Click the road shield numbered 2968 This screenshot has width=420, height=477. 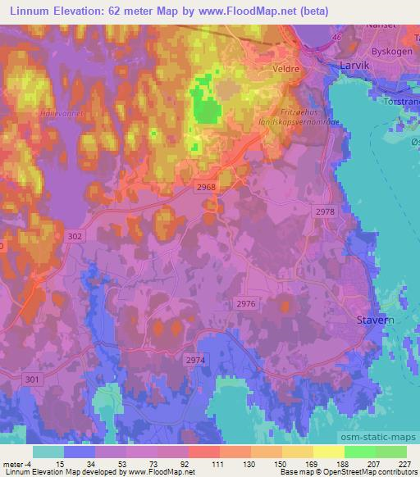(x=207, y=187)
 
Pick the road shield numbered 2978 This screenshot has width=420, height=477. (x=325, y=211)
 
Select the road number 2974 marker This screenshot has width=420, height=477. (x=194, y=359)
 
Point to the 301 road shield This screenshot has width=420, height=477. (x=32, y=378)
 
